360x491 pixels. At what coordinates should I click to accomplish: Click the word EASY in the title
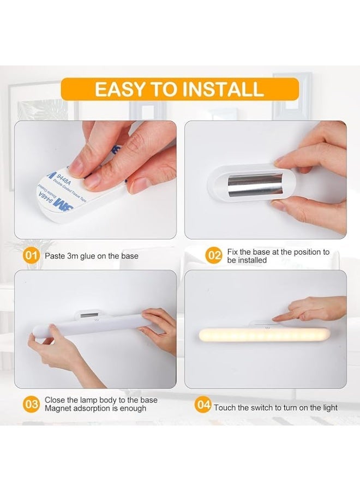[119, 89]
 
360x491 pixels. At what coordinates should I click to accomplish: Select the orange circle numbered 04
[203, 405]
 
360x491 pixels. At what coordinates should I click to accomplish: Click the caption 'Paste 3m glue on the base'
[91, 256]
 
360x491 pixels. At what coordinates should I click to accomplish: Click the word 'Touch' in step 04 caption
[225, 408]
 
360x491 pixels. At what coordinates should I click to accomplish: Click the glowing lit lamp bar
[265, 334]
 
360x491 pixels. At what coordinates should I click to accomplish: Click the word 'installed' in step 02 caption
[239, 260]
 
